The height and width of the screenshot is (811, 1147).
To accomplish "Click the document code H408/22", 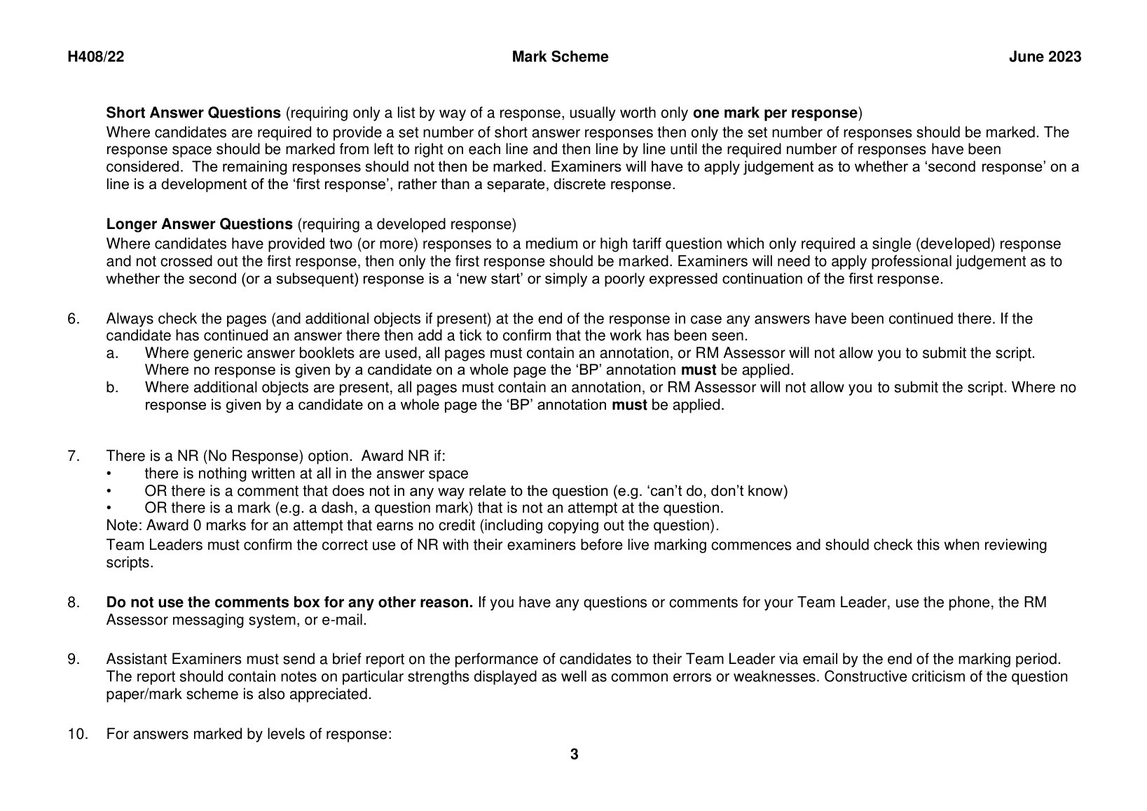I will tap(95, 57).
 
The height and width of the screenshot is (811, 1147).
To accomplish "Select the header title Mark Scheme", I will tap(560, 57).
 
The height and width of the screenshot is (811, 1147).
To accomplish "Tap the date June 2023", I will tap(1045, 57).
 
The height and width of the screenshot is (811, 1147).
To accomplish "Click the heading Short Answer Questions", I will tap(193, 113).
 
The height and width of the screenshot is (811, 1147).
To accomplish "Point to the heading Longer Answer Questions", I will tap(199, 224).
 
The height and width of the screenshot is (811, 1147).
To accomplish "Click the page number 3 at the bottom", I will tap(575, 754).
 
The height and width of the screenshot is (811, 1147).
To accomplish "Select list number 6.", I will tap(74, 319).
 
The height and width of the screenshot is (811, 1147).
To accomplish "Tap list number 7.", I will tap(74, 457).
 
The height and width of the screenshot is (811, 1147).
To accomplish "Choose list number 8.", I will tap(74, 603).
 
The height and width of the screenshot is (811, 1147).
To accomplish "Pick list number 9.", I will tap(74, 660).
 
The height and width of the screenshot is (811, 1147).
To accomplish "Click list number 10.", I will tap(76, 735).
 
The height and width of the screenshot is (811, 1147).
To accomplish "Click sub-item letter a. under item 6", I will tap(112, 354).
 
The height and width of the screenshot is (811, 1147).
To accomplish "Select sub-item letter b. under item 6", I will tap(112, 388).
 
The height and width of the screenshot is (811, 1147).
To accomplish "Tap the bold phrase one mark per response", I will tap(775, 113).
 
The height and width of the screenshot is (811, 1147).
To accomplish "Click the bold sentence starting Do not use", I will tap(289, 603).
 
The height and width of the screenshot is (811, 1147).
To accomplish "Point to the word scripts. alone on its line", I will tap(129, 562).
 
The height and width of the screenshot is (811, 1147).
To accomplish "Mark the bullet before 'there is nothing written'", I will tap(109, 474).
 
